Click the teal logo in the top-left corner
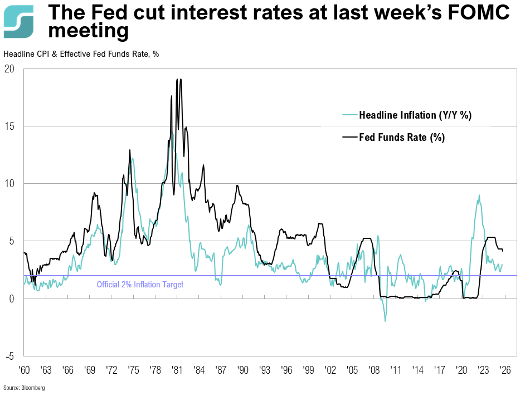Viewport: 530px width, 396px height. pyautogui.click(x=18, y=21)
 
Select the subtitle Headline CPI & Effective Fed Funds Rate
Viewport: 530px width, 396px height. pyautogui.click(x=81, y=54)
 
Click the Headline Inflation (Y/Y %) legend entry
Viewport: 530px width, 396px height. pyautogui.click(x=415, y=115)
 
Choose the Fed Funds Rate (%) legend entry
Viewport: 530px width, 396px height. pyautogui.click(x=401, y=138)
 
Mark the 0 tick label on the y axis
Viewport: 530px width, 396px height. pyautogui.click(x=12, y=299)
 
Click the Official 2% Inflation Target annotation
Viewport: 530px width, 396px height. pyautogui.click(x=140, y=285)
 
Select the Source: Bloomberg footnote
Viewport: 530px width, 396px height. pyautogui.click(x=24, y=388)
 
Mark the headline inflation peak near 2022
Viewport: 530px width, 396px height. pyautogui.click(x=479, y=195)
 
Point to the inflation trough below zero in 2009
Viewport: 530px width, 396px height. pyautogui.click(x=385, y=321)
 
